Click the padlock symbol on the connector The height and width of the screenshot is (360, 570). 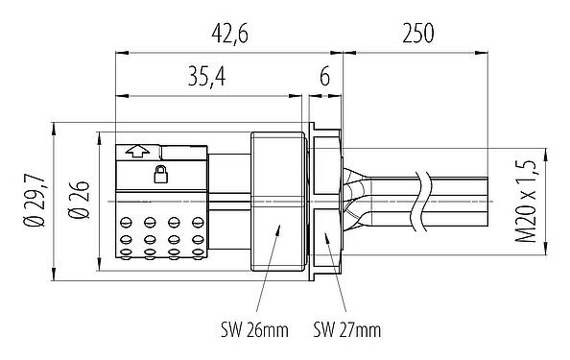point(160,174)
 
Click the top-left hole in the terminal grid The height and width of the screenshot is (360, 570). point(128,223)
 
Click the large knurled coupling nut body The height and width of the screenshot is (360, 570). point(279,203)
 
